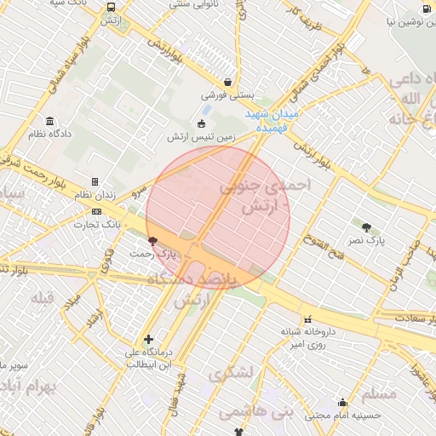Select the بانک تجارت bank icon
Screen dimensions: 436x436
[x=95, y=211]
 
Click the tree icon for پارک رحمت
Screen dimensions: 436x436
[x=152, y=241]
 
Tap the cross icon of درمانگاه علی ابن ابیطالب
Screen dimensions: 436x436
[x=149, y=339]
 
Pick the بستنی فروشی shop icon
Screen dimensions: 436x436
[x=227, y=83]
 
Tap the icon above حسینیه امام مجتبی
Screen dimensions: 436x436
[x=343, y=403]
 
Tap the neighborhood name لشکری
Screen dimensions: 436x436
[x=231, y=373]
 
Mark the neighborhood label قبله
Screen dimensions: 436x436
[x=43, y=298]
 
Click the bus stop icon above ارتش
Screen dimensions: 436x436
[x=112, y=7]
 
